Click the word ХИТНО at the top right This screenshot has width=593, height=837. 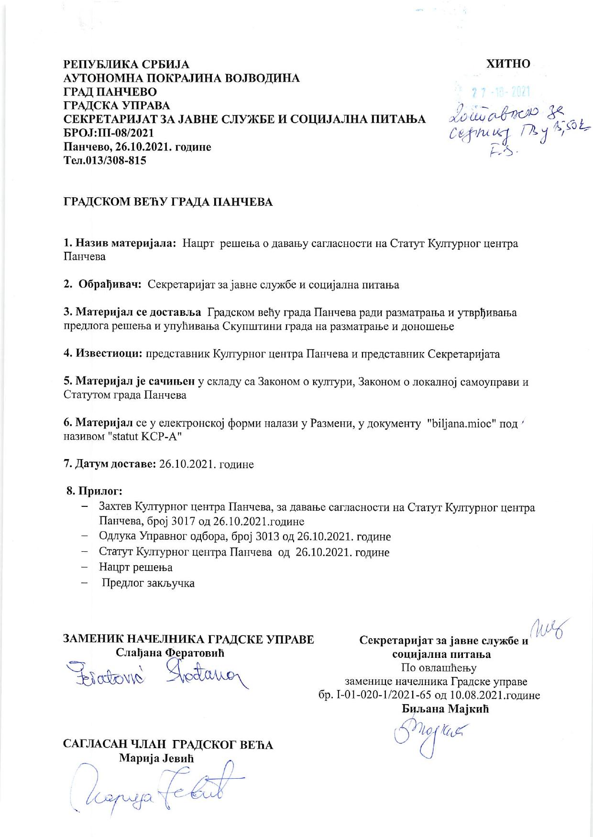click(507, 64)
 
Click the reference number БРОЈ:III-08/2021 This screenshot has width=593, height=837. click(109, 133)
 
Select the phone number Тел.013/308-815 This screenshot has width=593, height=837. click(105, 161)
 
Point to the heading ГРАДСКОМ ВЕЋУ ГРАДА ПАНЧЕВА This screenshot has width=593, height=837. click(168, 202)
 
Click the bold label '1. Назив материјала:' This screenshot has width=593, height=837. click(121, 244)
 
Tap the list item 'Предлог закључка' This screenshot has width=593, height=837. click(148, 583)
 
